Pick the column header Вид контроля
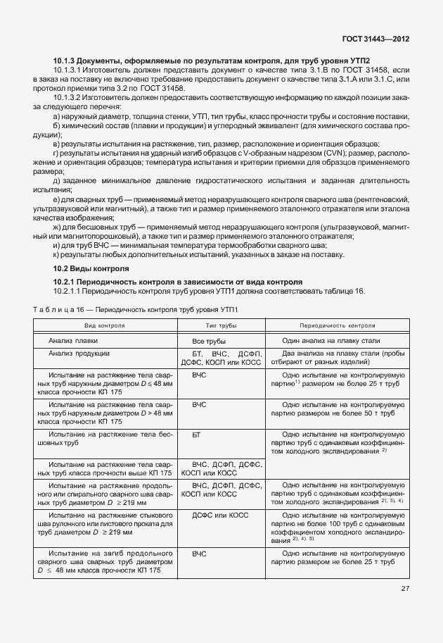click(105, 326)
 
